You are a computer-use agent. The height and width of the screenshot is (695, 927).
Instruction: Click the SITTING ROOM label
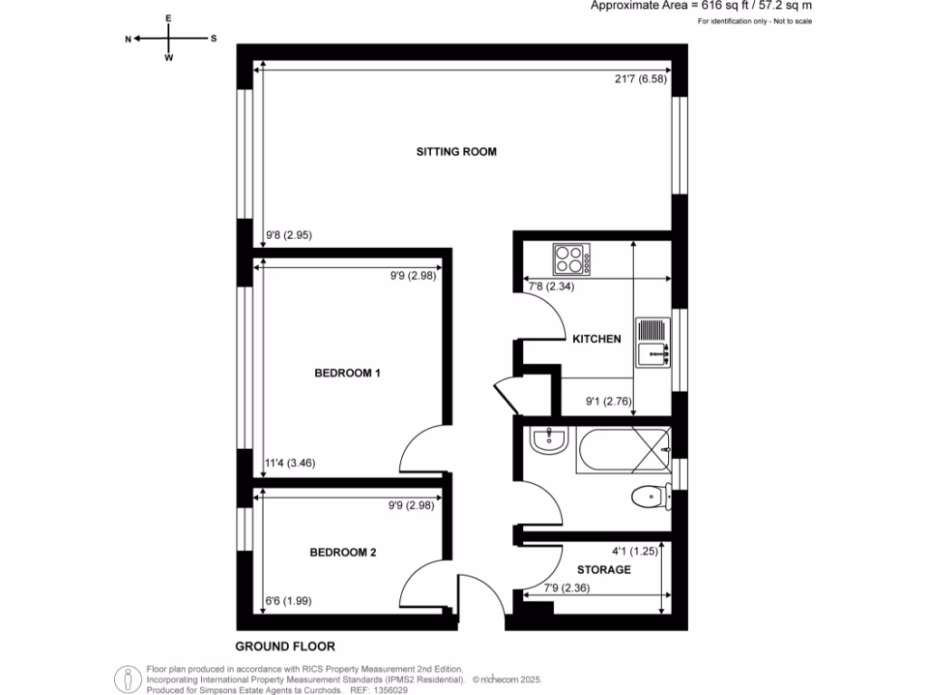(x=456, y=152)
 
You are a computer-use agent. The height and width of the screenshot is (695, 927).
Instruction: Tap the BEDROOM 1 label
(x=347, y=373)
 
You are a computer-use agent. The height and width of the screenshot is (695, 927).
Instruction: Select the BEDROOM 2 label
(x=342, y=553)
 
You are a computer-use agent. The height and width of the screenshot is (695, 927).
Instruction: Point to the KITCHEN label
(x=597, y=339)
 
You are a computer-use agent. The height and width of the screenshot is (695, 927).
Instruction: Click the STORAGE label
(x=604, y=570)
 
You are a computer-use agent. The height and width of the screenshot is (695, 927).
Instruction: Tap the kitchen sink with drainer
(x=653, y=342)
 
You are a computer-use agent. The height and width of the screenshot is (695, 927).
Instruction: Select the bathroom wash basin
(x=549, y=442)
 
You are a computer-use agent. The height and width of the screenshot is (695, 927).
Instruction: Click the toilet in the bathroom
(x=649, y=496)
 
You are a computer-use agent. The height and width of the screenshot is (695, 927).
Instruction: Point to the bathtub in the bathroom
(x=625, y=447)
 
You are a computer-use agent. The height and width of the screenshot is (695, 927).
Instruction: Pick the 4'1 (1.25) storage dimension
(x=632, y=549)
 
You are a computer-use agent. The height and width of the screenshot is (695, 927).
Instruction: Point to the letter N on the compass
(x=129, y=39)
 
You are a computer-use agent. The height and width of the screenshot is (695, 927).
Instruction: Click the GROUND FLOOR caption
(x=285, y=646)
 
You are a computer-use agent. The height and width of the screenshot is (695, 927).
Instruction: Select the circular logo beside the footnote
(x=128, y=679)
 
